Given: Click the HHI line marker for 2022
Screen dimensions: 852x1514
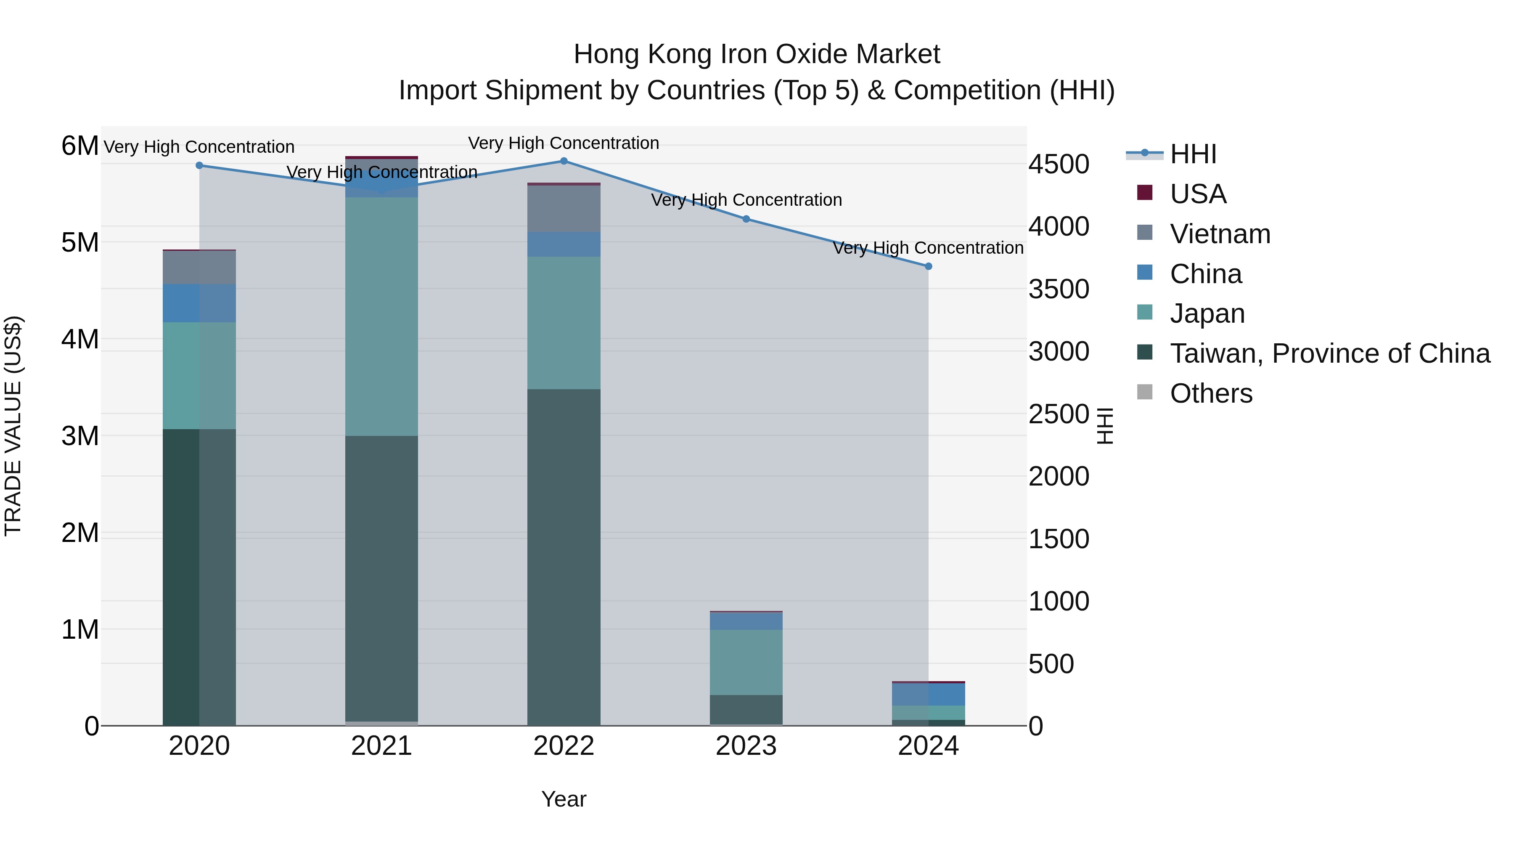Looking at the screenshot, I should click(x=564, y=161).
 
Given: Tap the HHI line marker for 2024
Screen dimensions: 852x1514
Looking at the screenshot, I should click(x=929, y=266).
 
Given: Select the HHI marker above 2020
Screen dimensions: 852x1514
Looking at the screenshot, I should click(x=199, y=166).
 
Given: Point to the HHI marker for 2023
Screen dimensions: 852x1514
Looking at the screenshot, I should click(x=746, y=219).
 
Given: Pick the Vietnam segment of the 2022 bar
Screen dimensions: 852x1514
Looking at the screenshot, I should click(x=564, y=209).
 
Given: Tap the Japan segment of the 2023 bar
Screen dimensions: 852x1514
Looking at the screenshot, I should click(x=746, y=662).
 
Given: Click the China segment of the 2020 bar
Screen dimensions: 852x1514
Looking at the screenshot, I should click(x=199, y=303).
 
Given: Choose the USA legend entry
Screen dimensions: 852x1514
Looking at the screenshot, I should click(x=1197, y=194).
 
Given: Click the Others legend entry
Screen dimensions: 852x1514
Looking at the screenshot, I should click(x=1211, y=393).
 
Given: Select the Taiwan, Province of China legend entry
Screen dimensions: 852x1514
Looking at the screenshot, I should click(x=1329, y=353).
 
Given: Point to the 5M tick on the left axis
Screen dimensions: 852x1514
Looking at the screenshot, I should click(x=80, y=242).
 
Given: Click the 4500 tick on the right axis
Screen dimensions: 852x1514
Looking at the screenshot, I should click(x=1059, y=164).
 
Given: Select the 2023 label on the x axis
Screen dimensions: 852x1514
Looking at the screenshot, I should click(x=746, y=746).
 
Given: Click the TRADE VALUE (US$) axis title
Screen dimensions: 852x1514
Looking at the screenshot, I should click(x=13, y=426).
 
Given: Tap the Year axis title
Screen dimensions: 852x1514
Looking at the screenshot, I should click(x=564, y=799).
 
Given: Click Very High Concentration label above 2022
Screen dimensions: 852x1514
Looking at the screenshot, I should click(x=564, y=143).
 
